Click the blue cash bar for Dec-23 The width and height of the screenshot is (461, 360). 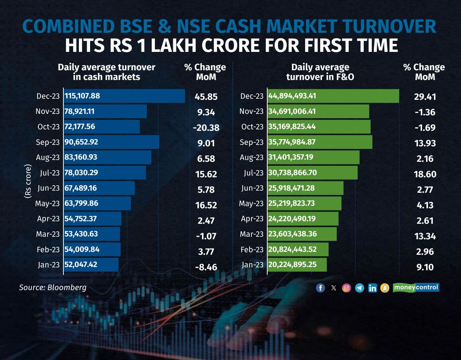tap(124, 96)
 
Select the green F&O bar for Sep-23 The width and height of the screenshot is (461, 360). tap(320, 142)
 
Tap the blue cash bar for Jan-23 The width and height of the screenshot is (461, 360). tap(91, 265)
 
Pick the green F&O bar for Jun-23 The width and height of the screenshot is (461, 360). tap(305, 188)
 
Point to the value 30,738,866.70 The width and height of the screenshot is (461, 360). tap(292, 173)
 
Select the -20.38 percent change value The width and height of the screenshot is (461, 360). tap(206, 128)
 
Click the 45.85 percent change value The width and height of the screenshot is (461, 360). tap(206, 97)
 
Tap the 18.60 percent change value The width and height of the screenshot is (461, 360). tap(425, 174)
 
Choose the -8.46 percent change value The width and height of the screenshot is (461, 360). tap(206, 267)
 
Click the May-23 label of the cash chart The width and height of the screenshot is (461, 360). tap(47, 204)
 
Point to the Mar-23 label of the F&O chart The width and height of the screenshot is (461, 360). tap(251, 234)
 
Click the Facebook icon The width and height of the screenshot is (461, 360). tap(320, 288)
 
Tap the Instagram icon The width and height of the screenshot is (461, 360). tap(346, 288)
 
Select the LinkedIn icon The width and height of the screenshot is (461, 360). tap(372, 288)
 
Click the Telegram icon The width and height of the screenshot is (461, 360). tap(359, 288)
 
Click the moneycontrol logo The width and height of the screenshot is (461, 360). tap(416, 287)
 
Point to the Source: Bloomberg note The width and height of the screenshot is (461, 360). tap(53, 287)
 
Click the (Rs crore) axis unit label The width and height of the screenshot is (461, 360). tap(28, 181)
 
